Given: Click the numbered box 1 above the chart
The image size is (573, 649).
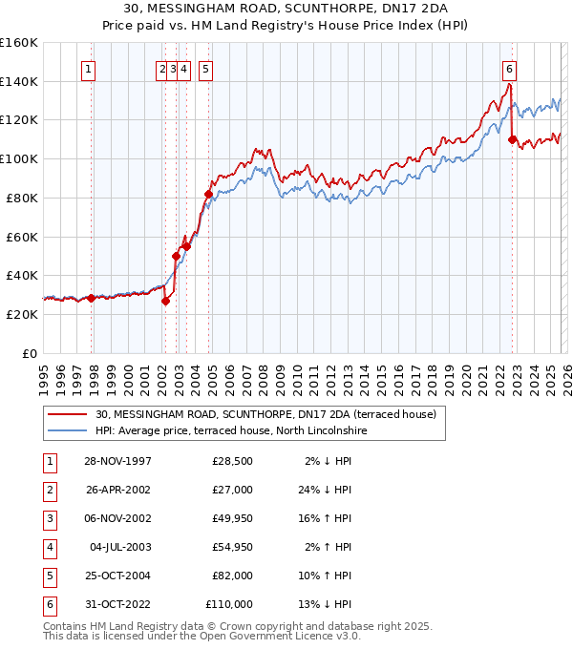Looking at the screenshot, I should (88, 69).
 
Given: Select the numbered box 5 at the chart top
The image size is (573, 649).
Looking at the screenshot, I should (206, 69).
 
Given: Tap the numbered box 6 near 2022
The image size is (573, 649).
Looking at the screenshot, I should (510, 69).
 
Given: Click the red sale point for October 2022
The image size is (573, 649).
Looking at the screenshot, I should (513, 139).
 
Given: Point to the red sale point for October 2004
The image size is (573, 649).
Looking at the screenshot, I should (208, 194).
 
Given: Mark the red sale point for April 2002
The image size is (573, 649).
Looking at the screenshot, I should (165, 301).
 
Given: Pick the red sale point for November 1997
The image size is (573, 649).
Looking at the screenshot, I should (92, 298).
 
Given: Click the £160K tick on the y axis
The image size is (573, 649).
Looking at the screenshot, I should (19, 43).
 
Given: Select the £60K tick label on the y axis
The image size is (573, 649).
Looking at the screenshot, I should (22, 237).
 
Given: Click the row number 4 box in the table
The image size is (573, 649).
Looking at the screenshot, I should (48, 548).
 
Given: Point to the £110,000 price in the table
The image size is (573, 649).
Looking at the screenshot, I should (229, 605).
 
